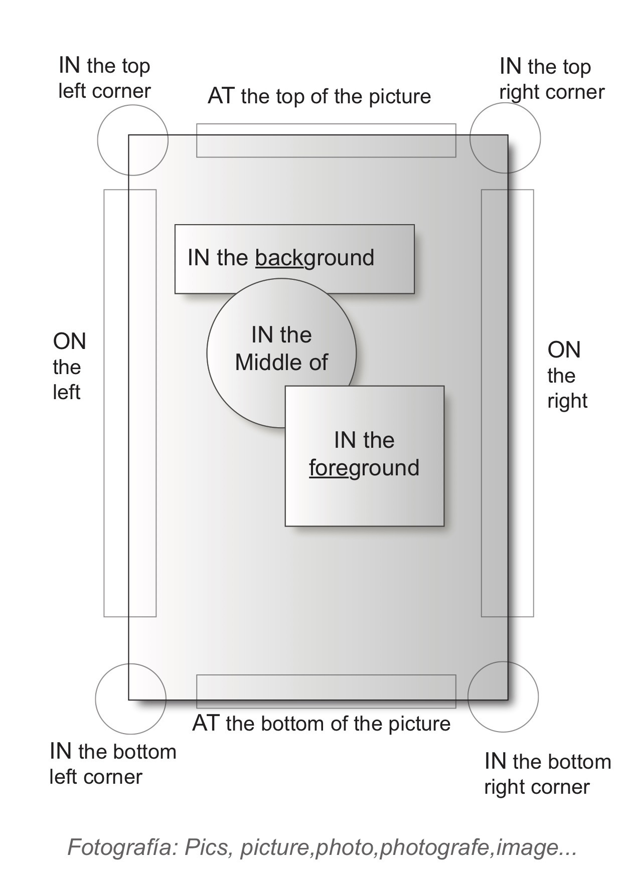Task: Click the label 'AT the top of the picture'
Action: tap(319, 96)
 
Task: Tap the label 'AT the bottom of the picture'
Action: tap(321, 724)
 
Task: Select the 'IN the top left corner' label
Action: tap(104, 78)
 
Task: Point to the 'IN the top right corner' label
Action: tap(552, 79)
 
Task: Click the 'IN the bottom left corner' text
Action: tap(113, 764)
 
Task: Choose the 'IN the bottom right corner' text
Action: tap(547, 774)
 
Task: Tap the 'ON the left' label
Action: tap(69, 367)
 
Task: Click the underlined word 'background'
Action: tap(315, 258)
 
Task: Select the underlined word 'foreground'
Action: tap(364, 468)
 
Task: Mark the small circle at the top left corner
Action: tap(132, 140)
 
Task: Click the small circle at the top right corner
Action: tap(505, 138)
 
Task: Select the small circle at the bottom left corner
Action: tap(130, 698)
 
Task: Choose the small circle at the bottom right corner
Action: tap(503, 696)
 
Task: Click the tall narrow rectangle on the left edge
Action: tap(130, 403)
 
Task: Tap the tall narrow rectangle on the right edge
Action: tap(507, 403)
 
